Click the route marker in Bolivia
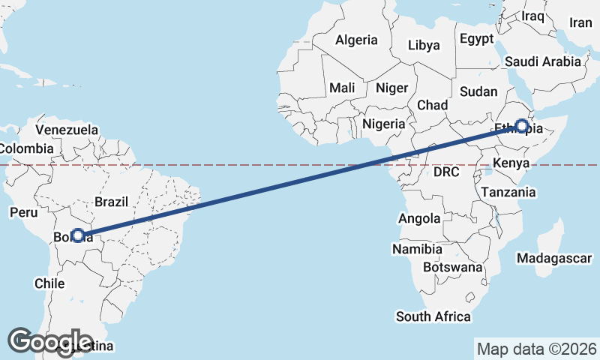[77, 235]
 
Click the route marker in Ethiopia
[521, 126]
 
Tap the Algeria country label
[357, 40]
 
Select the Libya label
[424, 45]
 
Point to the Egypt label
[477, 38]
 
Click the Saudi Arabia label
[543, 61]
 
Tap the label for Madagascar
[554, 258]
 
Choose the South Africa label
[433, 316]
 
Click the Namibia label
[416, 248]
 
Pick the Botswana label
[452, 267]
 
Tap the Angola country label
[419, 218]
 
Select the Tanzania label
[509, 192]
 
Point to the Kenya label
[511, 163]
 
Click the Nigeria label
[383, 124]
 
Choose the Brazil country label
[112, 201]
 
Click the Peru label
[23, 212]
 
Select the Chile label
[49, 283]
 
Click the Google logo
[50, 342]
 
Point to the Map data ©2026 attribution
[538, 349]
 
